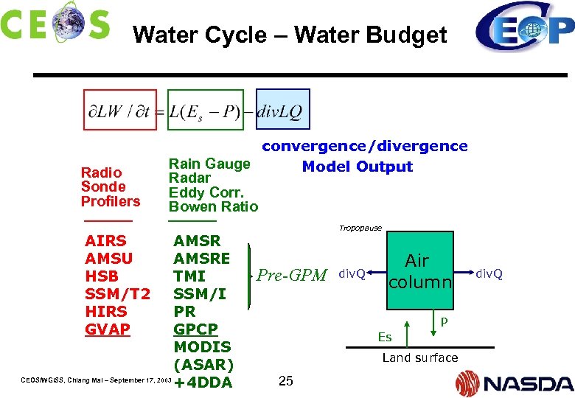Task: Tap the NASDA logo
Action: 514,383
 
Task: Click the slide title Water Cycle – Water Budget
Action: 290,35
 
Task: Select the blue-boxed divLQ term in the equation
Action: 282,110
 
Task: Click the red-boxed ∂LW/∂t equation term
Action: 119,110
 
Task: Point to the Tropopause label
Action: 360,228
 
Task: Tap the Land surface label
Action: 419,358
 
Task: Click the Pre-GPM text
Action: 291,276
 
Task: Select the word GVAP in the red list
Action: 108,329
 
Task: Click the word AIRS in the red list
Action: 105,241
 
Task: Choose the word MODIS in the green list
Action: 202,346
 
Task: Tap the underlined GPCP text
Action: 195,329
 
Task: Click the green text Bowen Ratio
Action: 213,207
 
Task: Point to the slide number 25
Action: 287,381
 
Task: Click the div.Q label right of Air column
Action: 489,274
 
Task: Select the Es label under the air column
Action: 384,337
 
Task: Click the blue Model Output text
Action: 357,167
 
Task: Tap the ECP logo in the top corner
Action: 524,28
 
